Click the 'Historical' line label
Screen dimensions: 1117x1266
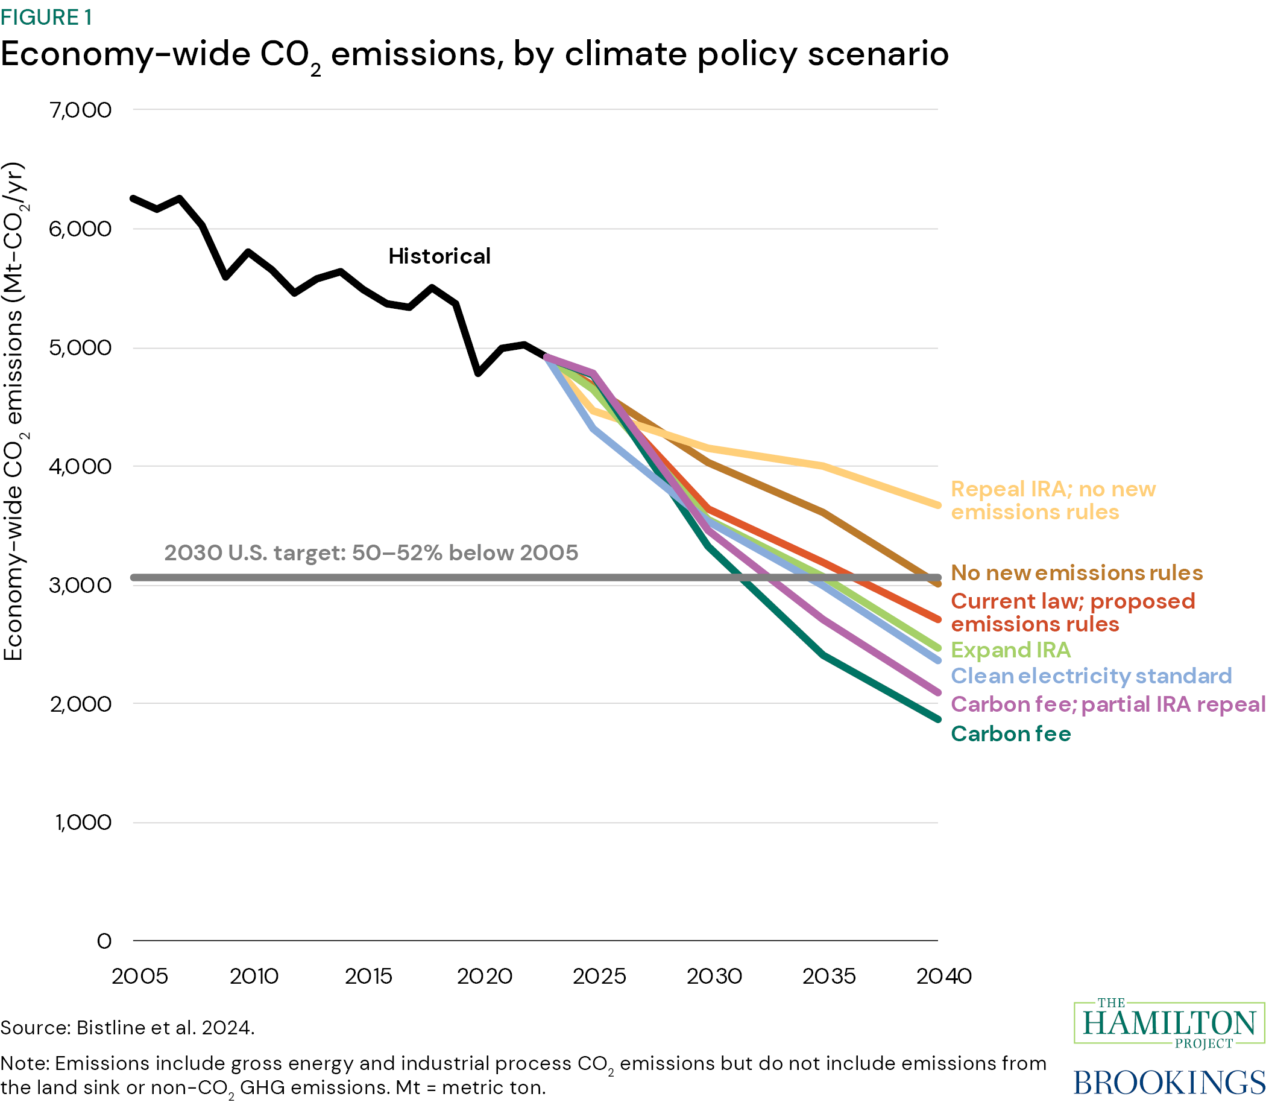tap(439, 256)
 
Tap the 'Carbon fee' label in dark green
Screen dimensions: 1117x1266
tap(1010, 733)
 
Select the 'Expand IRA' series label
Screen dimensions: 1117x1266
tap(1010, 650)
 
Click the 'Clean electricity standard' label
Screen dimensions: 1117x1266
tap(1091, 676)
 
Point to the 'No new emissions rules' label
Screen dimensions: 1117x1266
tap(1077, 572)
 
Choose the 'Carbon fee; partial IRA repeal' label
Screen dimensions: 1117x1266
tap(1107, 704)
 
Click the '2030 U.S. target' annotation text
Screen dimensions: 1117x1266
tap(371, 552)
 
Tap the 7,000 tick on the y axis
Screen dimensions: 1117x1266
tap(81, 110)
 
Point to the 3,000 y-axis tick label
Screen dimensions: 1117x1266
tap(81, 585)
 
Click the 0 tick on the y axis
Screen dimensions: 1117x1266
tap(104, 941)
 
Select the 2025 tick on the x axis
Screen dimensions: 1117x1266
tap(599, 976)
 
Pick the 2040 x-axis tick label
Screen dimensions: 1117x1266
tap(943, 976)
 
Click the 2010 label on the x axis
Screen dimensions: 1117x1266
tap(254, 976)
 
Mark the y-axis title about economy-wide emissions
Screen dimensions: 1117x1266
tap(14, 411)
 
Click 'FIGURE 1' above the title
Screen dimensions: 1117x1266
tap(46, 17)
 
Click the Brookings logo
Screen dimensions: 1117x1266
tap(1169, 1082)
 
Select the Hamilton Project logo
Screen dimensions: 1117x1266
tap(1169, 1023)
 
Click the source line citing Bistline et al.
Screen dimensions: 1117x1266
tap(128, 1028)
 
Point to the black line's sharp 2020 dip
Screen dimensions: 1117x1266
tap(477, 373)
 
